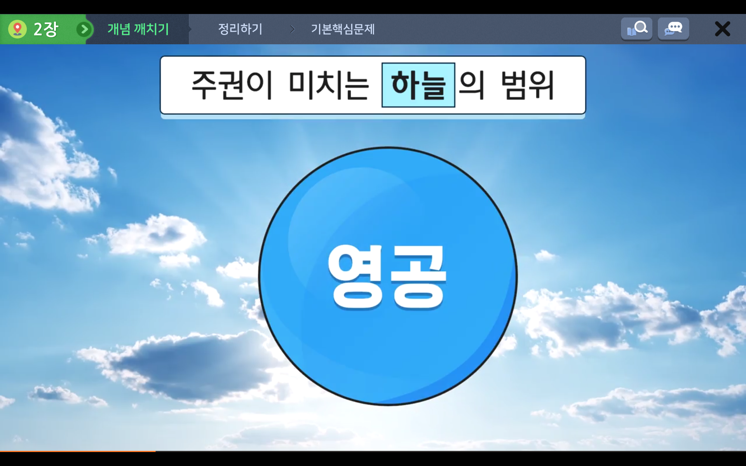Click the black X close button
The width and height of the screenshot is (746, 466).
coord(722,29)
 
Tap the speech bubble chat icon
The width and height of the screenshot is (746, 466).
coord(673,29)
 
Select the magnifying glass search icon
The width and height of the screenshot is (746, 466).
coord(636,29)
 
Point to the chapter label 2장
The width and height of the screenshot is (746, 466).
coord(46,29)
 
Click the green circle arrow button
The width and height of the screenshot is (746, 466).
coord(84,29)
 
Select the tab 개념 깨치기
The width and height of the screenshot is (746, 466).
coord(138,29)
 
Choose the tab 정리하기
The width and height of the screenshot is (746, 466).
coord(240,29)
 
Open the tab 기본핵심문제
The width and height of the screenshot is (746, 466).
coord(343,29)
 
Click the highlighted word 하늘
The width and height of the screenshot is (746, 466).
coord(418,85)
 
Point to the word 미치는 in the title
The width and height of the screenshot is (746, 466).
coord(329,85)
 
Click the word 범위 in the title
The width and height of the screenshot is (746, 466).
coord(528,85)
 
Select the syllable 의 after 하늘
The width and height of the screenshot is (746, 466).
coord(472,85)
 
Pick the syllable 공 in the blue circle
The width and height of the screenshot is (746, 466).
coord(418,277)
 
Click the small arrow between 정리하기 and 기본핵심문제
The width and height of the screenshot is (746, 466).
coord(293,29)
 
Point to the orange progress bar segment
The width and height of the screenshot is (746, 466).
coord(78,451)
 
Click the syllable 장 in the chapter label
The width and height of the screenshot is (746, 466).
coord(51,29)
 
